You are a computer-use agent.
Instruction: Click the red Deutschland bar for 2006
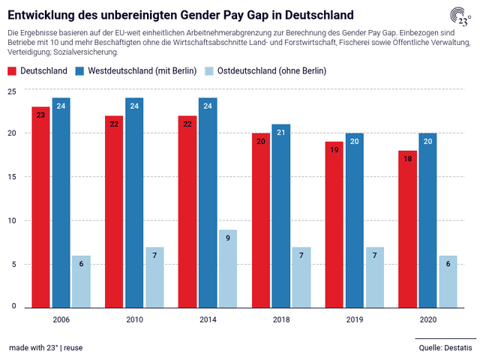(40, 206)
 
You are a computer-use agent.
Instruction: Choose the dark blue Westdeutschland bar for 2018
(282, 215)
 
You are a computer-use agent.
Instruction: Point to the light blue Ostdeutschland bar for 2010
(154, 277)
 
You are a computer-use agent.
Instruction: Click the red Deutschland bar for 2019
(334, 224)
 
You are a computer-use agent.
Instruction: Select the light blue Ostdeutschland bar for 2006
(81, 281)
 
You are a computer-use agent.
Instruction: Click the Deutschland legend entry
(35, 71)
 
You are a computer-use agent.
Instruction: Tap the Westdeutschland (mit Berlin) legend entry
(136, 71)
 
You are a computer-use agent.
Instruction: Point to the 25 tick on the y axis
(11, 91)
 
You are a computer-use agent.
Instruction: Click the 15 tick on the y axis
(11, 177)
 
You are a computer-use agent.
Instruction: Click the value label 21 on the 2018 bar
(282, 133)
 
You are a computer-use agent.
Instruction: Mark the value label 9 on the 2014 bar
(228, 238)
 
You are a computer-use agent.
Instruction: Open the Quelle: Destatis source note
(445, 348)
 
